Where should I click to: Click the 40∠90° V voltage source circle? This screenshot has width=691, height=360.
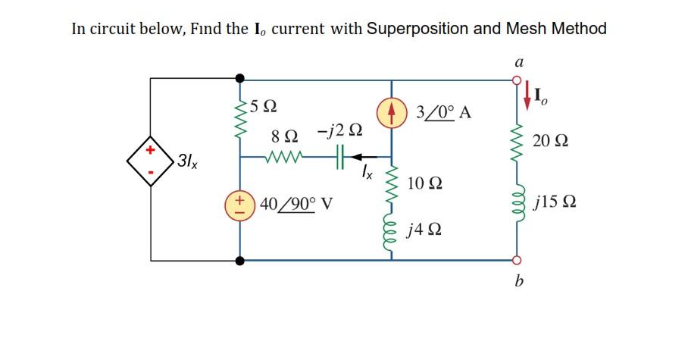[240, 205]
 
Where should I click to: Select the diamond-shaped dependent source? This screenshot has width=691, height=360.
[150, 161]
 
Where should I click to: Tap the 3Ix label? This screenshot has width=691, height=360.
[186, 161]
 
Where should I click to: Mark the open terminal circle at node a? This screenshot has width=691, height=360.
[518, 79]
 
